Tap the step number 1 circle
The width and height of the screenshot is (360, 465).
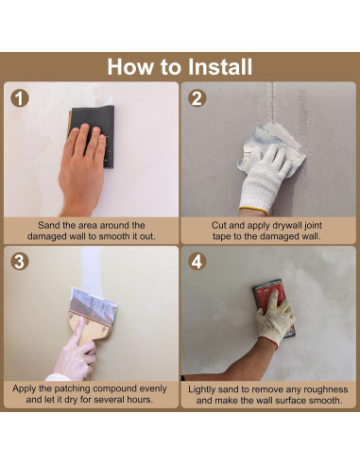(x=20, y=98)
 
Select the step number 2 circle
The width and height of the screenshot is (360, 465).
(x=197, y=98)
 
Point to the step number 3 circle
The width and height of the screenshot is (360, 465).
(x=20, y=261)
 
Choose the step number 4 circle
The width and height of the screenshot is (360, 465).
(x=197, y=261)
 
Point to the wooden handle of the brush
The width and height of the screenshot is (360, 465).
(x=89, y=328)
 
